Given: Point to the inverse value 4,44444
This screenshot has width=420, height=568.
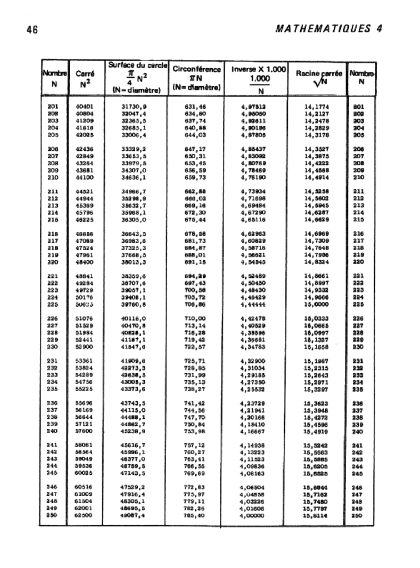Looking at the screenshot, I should click(x=254, y=305).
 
